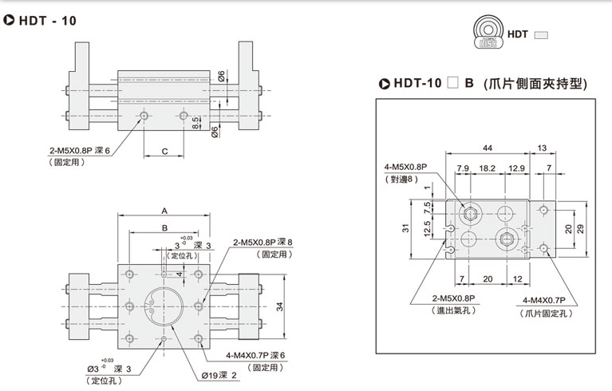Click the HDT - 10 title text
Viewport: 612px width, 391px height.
[x=46, y=21]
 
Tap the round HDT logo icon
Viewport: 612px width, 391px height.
[x=485, y=34]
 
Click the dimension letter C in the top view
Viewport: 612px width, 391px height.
[x=164, y=149]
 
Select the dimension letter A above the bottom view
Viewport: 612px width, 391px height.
[x=164, y=211]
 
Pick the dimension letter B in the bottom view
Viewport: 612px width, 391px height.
[x=164, y=227]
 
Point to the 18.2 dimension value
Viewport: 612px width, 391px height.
[x=488, y=168]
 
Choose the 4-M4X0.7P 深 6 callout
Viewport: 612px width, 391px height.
[x=255, y=355]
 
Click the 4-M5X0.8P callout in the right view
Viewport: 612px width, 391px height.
[x=406, y=166]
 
